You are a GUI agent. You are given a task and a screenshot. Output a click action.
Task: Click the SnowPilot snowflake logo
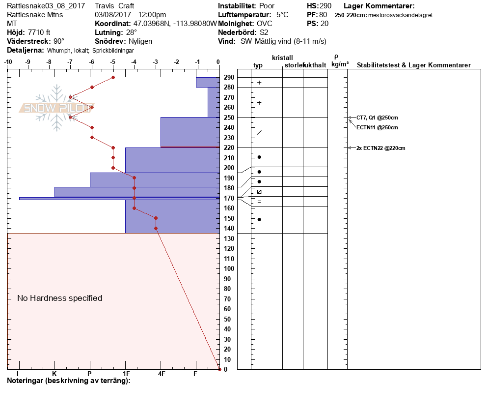click(x=57, y=108)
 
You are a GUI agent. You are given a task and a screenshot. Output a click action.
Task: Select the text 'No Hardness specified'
click(x=59, y=298)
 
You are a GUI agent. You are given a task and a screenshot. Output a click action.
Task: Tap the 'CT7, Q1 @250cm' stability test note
click(x=377, y=118)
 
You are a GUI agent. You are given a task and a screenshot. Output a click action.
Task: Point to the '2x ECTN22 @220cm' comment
click(x=380, y=148)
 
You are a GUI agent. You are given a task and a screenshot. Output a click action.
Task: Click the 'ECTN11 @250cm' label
click(x=377, y=127)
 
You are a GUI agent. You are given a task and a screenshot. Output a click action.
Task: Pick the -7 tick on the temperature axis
click(x=70, y=62)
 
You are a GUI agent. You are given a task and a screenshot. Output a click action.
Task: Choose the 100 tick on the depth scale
click(x=228, y=268)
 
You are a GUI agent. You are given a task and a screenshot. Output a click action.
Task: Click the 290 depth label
click(x=228, y=77)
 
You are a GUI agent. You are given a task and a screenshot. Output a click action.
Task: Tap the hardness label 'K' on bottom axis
click(x=54, y=374)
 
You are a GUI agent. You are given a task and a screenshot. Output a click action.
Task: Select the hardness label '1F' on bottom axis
click(x=126, y=374)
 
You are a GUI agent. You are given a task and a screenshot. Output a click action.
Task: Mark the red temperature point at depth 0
click(x=219, y=369)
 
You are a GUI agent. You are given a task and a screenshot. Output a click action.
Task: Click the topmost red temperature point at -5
click(x=113, y=77)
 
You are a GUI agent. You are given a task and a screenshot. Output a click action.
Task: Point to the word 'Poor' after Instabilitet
click(x=267, y=6)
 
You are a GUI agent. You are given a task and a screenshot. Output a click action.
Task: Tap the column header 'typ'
click(x=258, y=65)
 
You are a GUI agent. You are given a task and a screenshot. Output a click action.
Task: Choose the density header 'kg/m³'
click(x=340, y=64)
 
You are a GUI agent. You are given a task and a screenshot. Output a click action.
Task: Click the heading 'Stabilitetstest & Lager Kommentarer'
click(x=413, y=65)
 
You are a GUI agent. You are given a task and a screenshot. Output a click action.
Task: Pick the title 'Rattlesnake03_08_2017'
click(x=46, y=6)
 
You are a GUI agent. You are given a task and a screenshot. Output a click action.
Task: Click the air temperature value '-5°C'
click(x=281, y=15)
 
